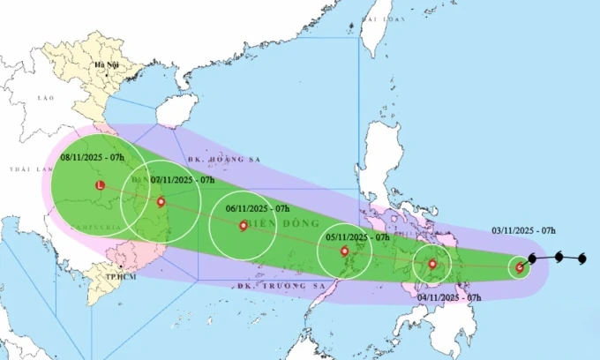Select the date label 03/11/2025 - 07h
(x=524, y=230)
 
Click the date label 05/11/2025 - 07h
(x=358, y=237)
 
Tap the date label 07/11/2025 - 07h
(x=184, y=180)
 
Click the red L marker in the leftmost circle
(x=100, y=185)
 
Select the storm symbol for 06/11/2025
(x=244, y=225)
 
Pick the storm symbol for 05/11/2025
(x=345, y=251)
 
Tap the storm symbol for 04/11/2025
(x=432, y=264)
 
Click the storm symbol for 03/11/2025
(x=520, y=267)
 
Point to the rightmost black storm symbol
(x=582, y=259)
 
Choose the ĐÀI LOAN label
(x=381, y=18)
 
